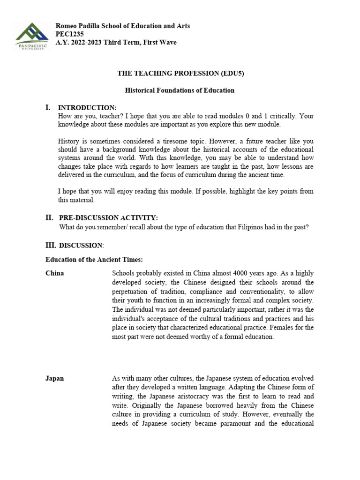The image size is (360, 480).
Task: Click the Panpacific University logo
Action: coord(31,37)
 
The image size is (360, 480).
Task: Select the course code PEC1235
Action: coord(70,34)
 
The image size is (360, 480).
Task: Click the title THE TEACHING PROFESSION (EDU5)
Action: coord(180,74)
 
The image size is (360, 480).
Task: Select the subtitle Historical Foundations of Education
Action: coord(180,90)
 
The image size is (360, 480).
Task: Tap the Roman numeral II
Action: coord(49,217)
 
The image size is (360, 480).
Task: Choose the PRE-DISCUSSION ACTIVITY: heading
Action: coord(108,218)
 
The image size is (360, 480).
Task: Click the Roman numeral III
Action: coord(50,245)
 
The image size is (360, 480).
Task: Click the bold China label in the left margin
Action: coord(54,273)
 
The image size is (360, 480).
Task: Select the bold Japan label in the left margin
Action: coord(54,378)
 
